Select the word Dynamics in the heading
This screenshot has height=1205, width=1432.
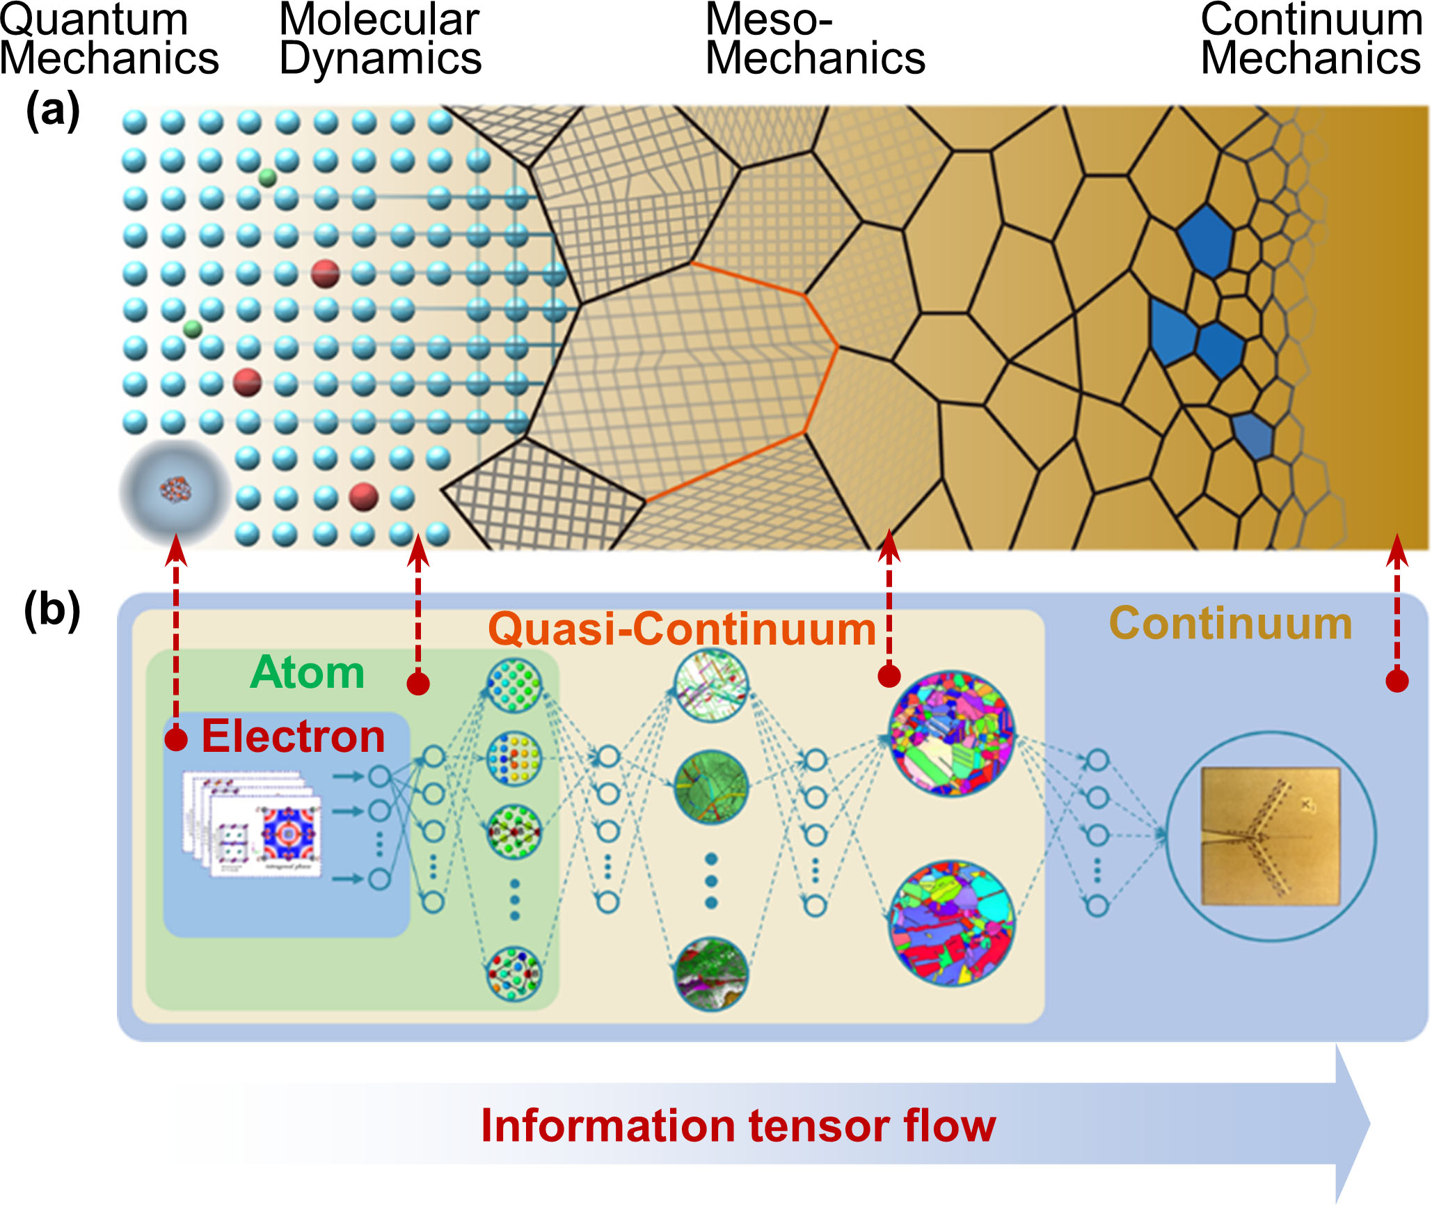[x=380, y=58]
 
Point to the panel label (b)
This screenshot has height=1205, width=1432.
[x=52, y=611]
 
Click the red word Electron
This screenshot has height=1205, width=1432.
[x=293, y=737]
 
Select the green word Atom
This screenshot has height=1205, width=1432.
[x=307, y=672]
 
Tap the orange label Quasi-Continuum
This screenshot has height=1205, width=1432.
[x=682, y=629]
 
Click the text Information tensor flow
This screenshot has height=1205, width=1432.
[x=738, y=1126]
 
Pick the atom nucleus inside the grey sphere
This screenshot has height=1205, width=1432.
[x=175, y=489]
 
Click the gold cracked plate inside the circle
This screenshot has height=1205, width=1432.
[x=1271, y=836]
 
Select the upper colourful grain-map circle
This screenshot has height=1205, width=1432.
[x=952, y=733]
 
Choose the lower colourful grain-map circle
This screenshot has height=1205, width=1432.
[x=952, y=923]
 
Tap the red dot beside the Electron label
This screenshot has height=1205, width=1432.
[x=176, y=739]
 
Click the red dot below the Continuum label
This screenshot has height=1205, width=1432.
[x=1397, y=680]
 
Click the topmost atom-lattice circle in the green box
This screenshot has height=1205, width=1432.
[x=514, y=686]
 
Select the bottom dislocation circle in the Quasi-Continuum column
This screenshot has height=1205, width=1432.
[x=710, y=973]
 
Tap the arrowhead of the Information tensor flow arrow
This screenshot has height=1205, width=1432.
[x=1353, y=1124]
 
